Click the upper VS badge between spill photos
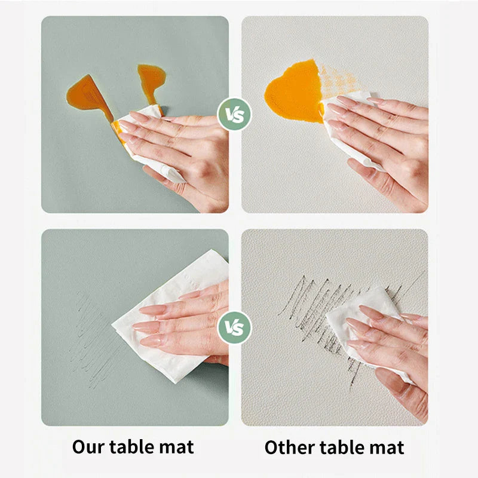pos(234,114)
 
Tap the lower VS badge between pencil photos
pos(234,327)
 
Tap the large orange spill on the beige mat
pos(294,91)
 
